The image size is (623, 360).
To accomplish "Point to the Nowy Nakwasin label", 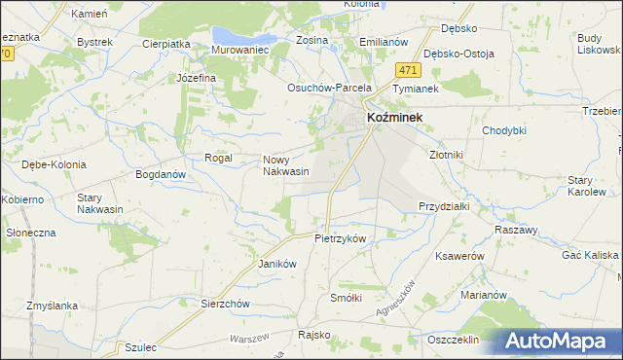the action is tap(285, 165).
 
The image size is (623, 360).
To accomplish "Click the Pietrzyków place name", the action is tap(340, 238).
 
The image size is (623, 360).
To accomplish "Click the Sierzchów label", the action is tap(226, 303).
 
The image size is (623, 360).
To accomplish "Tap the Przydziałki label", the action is tap(444, 206).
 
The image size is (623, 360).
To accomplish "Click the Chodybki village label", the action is tap(504, 129).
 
